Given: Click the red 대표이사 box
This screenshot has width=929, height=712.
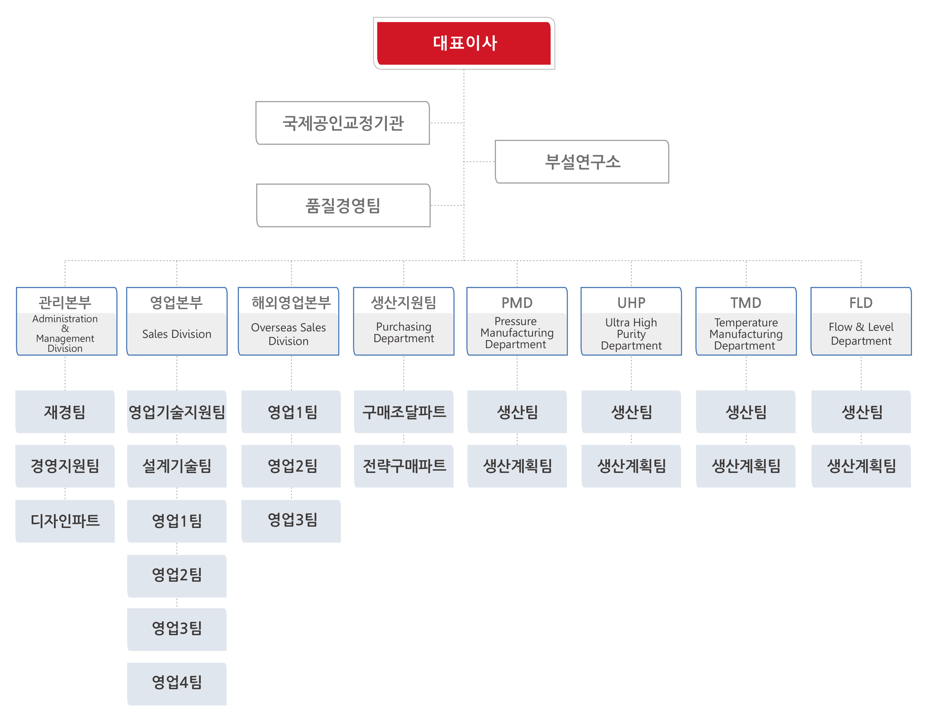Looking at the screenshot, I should [x=464, y=43].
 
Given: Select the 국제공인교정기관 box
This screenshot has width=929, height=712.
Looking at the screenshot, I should [x=343, y=123].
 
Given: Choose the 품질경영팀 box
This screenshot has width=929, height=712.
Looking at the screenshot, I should [x=343, y=206].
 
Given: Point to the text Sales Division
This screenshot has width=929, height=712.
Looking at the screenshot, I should [x=177, y=334].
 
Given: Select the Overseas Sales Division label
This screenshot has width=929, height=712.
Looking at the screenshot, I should [x=288, y=334].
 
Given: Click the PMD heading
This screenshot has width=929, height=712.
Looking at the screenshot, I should [x=517, y=303].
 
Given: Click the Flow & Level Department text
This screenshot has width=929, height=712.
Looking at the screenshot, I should [x=861, y=334].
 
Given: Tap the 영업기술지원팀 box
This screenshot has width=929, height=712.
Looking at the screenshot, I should [x=177, y=412].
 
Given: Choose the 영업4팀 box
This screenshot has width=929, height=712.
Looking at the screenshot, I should [x=177, y=682].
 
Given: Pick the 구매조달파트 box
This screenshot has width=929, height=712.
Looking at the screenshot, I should [x=404, y=412].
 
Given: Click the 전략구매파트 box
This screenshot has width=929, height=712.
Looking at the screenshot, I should [x=404, y=466].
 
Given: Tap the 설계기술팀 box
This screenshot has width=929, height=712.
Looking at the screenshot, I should [x=177, y=466].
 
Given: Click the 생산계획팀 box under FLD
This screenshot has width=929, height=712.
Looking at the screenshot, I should [x=861, y=466].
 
